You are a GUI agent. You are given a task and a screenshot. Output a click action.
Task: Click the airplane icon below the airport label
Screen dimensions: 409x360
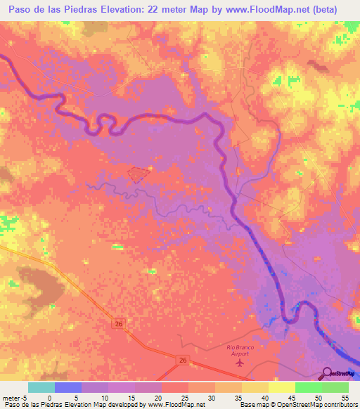tap(241, 363)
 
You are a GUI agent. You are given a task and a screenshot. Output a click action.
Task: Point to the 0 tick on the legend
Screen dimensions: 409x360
tap(49, 397)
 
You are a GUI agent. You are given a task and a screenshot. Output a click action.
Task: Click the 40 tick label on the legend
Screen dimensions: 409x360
tap(264, 397)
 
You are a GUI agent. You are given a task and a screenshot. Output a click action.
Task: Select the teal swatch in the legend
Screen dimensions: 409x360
tap(41, 387)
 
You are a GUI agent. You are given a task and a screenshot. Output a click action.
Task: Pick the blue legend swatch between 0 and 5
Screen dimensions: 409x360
tap(67, 387)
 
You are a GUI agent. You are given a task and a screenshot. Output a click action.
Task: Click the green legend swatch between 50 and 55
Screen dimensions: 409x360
tap(335, 387)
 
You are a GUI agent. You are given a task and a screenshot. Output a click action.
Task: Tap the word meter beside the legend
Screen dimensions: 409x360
tap(12, 397)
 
